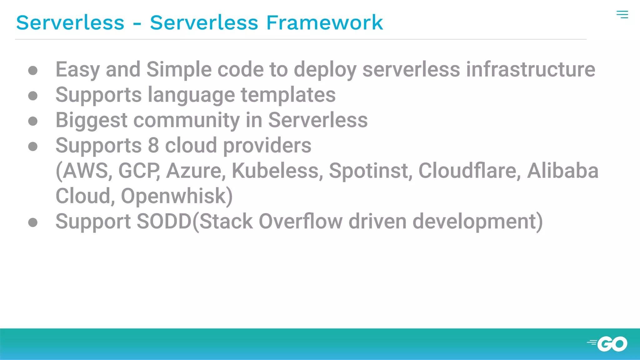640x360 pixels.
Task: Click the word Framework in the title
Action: pyautogui.click(x=324, y=22)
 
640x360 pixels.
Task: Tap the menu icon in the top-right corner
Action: pyautogui.click(x=622, y=14)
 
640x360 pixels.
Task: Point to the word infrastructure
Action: pyautogui.click(x=531, y=69)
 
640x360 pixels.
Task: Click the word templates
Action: pyautogui.click(x=288, y=95)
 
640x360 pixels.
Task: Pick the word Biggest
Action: pyautogui.click(x=92, y=120)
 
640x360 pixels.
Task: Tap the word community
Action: pyautogui.click(x=187, y=120)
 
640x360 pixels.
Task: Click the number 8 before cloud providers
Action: pyautogui.click(x=153, y=145)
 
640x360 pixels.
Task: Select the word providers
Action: pyautogui.click(x=267, y=146)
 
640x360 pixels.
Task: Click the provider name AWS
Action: pyautogui.click(x=85, y=171)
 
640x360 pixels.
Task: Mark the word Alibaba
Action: pyautogui.click(x=562, y=171)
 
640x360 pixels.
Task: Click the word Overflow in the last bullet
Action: pyautogui.click(x=301, y=222)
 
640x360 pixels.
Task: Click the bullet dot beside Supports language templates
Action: pyautogui.click(x=33, y=96)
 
